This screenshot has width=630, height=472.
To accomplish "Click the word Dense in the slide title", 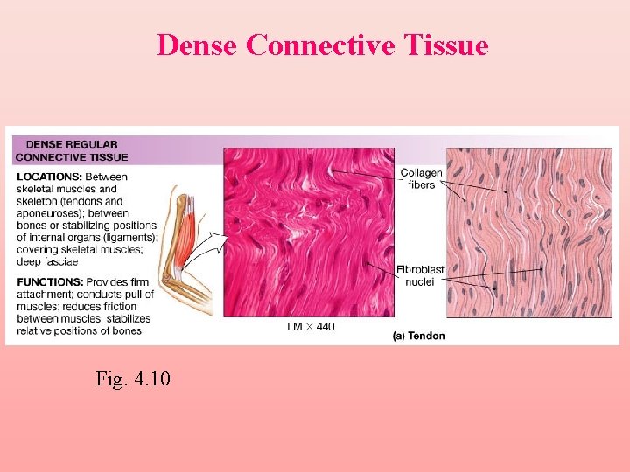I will (198, 45).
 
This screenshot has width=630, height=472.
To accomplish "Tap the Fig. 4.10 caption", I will (133, 378).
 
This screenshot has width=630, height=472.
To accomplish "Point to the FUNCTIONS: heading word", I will (49, 282).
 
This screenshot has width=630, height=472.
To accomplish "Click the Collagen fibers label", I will (421, 179).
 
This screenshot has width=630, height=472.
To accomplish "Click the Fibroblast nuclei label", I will (421, 275).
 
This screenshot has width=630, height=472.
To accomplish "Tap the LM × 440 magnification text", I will (310, 327).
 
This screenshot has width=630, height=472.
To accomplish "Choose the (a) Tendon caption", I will (418, 336).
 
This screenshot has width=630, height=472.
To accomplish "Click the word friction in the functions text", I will (117, 307).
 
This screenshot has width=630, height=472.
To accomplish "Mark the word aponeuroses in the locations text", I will (51, 213).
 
